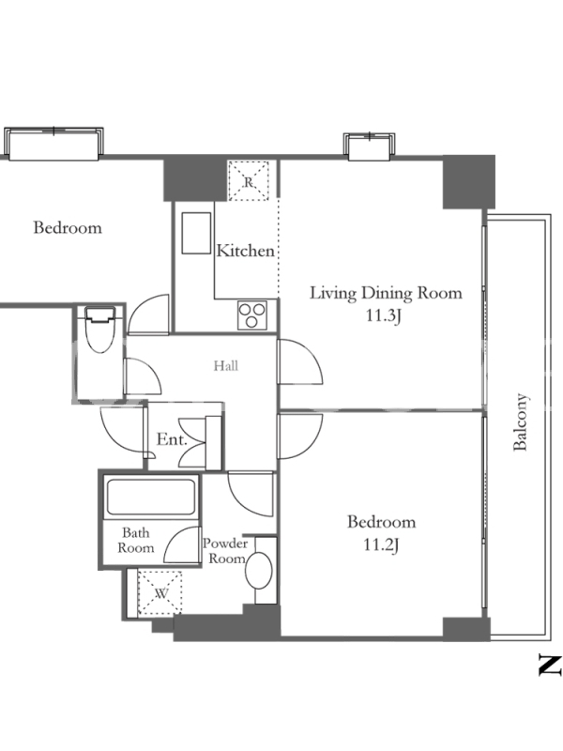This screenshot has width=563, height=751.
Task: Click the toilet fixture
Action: [100, 330]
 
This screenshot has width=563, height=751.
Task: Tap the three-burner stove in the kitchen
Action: [252, 315]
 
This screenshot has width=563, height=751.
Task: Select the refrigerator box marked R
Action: [248, 181]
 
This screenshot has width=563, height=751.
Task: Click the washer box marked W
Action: [160, 593]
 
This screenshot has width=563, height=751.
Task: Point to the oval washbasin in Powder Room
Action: [259, 570]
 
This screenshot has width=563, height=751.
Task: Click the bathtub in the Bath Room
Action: [151, 497]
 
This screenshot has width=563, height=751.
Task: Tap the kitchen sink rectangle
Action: [196, 233]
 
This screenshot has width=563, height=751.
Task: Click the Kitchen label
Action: [246, 251]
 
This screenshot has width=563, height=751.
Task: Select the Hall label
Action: [226, 366]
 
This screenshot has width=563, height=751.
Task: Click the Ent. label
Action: [172, 439]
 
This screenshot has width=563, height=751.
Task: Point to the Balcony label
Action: [521, 421]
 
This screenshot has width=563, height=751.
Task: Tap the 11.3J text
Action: [383, 316]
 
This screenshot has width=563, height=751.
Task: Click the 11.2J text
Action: [382, 545]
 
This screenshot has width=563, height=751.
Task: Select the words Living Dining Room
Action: [386, 293]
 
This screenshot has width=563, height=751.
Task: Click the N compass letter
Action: [550, 665]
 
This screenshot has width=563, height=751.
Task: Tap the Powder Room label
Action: [225, 551]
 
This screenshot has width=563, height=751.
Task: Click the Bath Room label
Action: [136, 541]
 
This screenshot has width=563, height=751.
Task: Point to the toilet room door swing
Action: [143, 376]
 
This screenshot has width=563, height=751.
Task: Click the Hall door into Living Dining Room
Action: [300, 362]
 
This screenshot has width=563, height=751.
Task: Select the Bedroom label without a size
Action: [68, 227]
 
